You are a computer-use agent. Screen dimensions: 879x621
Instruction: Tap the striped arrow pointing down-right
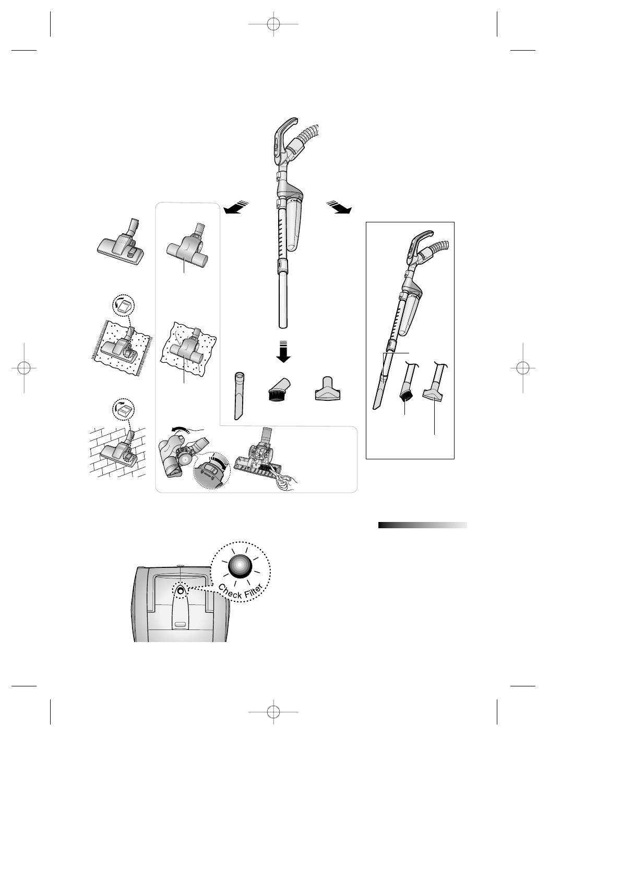[339, 207]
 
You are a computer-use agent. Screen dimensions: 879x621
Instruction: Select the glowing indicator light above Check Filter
[240, 565]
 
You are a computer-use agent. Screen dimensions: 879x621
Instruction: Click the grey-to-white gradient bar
[422, 525]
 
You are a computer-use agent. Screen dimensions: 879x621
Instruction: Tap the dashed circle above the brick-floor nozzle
[124, 411]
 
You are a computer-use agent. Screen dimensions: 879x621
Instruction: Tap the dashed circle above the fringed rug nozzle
[124, 307]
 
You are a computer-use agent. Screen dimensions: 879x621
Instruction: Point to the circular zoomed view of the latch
[211, 469]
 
